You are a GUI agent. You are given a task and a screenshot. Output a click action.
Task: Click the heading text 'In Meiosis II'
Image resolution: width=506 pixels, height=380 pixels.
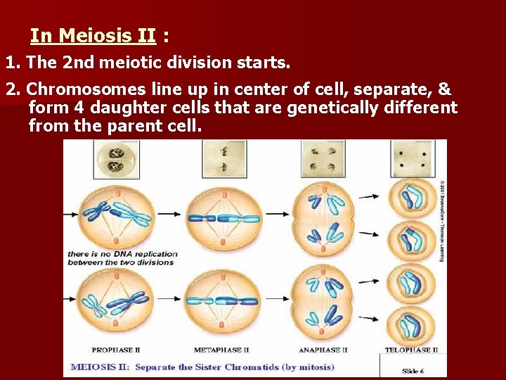click(93, 35)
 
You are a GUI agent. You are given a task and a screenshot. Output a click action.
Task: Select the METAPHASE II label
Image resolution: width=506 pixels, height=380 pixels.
click(221, 350)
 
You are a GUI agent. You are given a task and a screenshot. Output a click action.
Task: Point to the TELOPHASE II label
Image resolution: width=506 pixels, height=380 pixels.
click(411, 350)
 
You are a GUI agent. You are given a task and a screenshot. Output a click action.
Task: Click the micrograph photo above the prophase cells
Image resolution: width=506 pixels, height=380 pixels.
click(117, 158)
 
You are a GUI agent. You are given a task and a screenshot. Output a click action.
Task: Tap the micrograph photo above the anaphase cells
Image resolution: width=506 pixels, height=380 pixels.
click(323, 158)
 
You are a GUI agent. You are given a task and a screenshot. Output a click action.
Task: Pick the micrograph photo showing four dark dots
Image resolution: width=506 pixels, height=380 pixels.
click(412, 158)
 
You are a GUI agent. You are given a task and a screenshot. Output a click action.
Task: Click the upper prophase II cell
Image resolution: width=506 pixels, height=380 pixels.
click(118, 214)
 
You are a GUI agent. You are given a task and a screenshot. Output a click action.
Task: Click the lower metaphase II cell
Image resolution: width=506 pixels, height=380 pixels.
click(221, 303)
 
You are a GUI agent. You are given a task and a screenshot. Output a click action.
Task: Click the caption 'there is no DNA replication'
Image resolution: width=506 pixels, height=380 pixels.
click(120, 253)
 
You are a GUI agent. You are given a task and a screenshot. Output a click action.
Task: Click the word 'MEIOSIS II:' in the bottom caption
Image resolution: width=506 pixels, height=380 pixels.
click(100, 367)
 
